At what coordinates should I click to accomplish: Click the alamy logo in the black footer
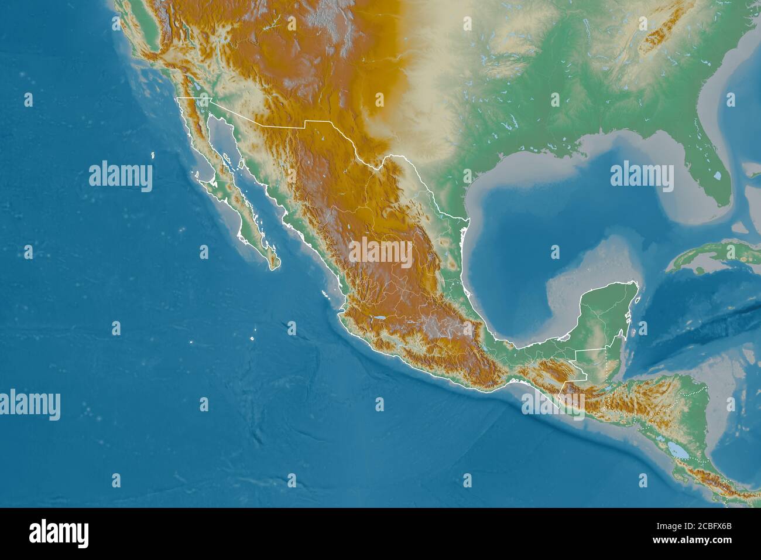pos(59,534)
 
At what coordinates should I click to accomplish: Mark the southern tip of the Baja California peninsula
pos(273,268)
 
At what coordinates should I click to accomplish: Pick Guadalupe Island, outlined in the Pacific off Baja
pos(153,155)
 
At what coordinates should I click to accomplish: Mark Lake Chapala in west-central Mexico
pos(379,319)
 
